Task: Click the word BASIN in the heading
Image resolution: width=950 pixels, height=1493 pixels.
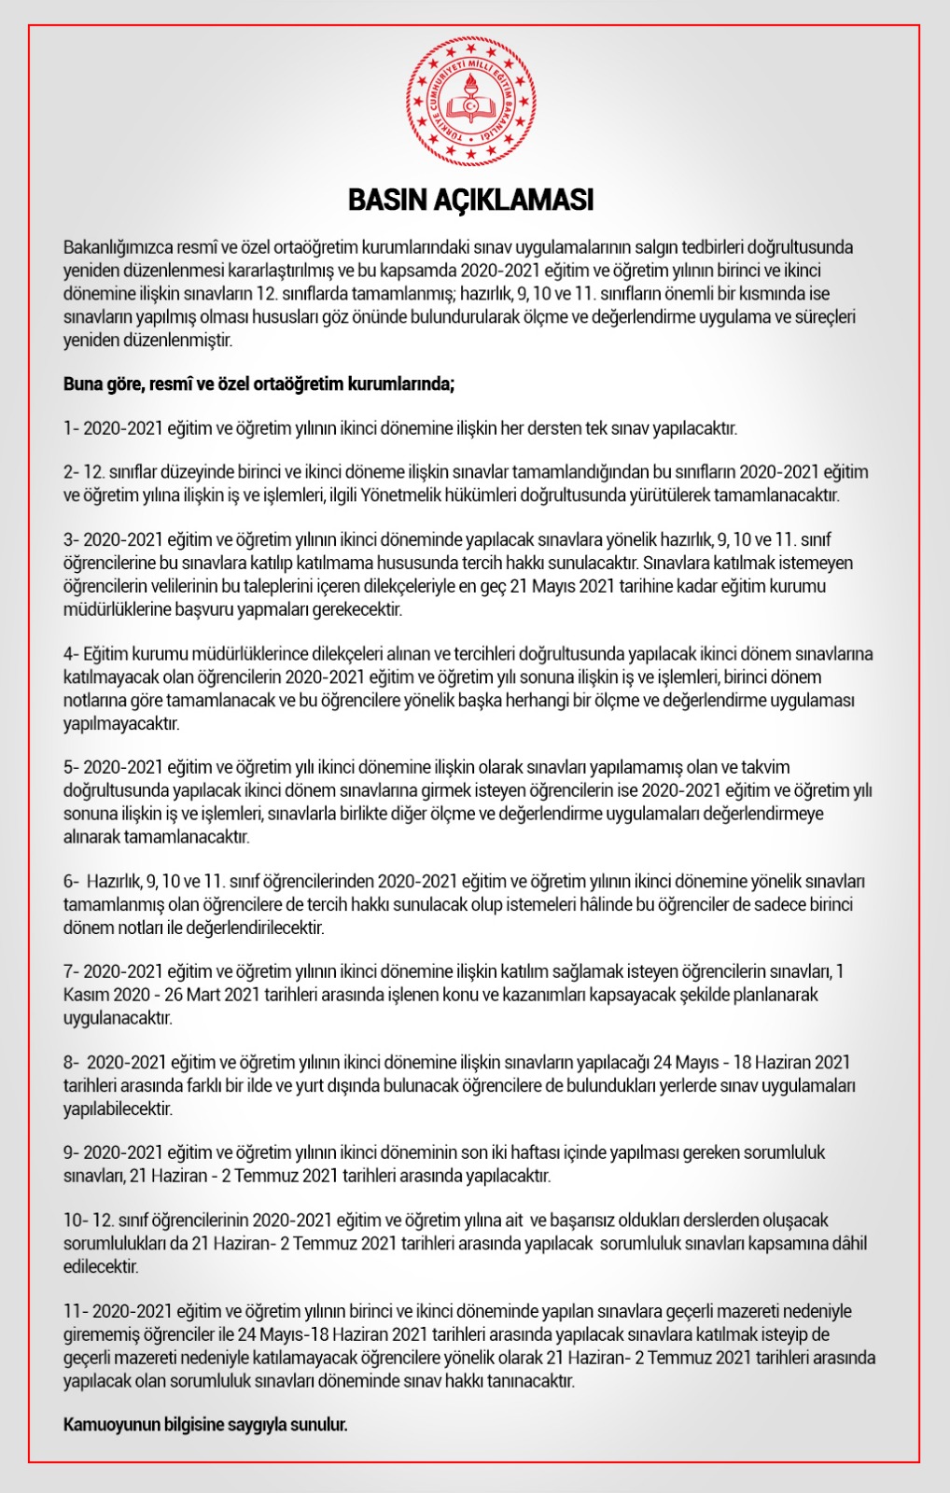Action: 385,201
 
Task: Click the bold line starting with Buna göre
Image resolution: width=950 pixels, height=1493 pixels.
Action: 258,384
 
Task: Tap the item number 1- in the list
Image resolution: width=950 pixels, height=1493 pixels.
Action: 72,429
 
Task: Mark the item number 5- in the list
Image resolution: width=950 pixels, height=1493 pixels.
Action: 72,768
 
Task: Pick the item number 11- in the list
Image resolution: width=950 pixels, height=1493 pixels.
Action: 77,1312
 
